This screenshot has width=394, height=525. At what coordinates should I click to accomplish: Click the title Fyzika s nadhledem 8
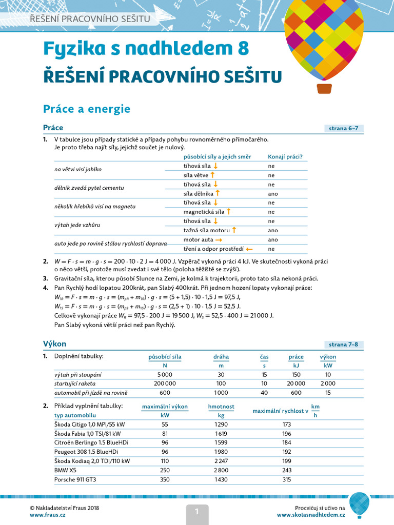point(146,48)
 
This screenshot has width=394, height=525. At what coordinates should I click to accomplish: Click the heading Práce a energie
point(87,109)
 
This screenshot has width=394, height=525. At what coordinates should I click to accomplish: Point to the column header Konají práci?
point(285,157)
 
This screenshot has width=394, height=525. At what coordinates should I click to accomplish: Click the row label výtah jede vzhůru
point(77,225)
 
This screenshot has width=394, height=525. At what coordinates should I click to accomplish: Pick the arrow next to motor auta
point(219,239)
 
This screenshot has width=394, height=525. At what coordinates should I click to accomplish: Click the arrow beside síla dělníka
point(218,193)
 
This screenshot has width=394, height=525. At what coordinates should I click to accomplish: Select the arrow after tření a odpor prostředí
point(249,249)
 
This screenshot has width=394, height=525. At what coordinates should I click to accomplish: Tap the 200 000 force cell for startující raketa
point(165,383)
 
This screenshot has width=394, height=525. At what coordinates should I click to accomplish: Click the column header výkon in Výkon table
point(328,357)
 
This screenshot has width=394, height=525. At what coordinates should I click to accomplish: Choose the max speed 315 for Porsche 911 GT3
point(286,479)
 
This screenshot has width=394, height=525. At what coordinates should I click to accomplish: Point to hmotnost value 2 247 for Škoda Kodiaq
point(221,461)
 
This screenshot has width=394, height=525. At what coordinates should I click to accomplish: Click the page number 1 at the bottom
point(196,511)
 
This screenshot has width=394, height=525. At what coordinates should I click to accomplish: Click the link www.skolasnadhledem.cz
point(311,514)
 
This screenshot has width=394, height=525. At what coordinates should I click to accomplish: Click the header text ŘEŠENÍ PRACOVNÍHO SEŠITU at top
point(90,19)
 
